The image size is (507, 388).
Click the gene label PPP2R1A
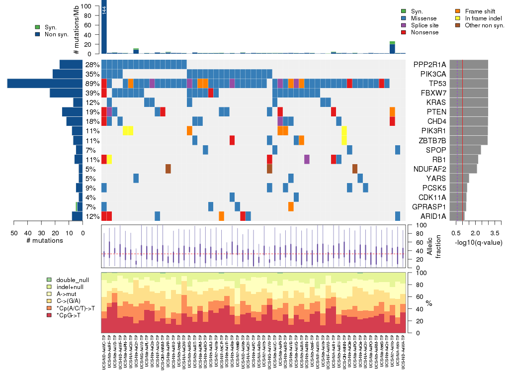(429, 64)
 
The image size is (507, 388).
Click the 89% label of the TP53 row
(93, 84)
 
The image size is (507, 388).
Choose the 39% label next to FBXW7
(93, 93)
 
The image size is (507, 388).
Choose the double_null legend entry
(73, 280)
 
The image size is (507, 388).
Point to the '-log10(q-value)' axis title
(475, 241)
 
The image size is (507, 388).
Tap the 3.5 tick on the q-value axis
(495, 232)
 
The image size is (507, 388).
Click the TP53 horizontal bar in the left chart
(45, 84)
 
